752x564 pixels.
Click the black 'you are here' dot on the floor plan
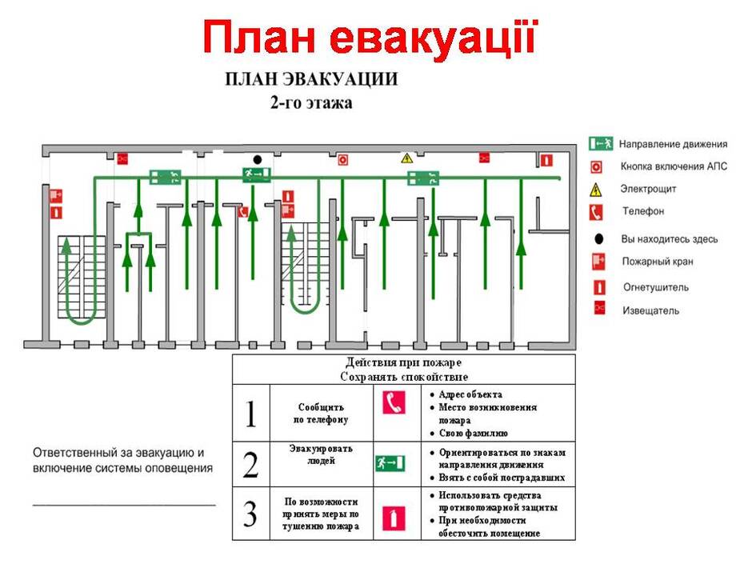(x=258, y=159)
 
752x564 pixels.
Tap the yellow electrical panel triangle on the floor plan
(x=406, y=158)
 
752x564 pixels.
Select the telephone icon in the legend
(x=596, y=212)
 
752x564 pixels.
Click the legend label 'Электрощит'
(x=648, y=189)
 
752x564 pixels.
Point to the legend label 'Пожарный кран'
(x=657, y=262)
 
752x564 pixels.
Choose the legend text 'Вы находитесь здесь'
(x=669, y=239)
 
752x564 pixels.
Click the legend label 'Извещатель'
(x=650, y=310)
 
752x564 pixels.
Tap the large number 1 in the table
(x=250, y=414)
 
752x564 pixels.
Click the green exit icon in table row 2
(x=390, y=463)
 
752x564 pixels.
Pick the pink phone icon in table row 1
(x=394, y=402)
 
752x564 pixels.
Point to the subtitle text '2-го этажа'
(x=311, y=102)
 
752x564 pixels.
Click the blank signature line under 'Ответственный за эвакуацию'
(x=124, y=505)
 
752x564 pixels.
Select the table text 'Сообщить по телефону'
(x=321, y=414)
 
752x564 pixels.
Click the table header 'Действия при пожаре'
(x=403, y=362)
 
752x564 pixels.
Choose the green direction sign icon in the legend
(x=601, y=143)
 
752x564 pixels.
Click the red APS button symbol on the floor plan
(x=342, y=159)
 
